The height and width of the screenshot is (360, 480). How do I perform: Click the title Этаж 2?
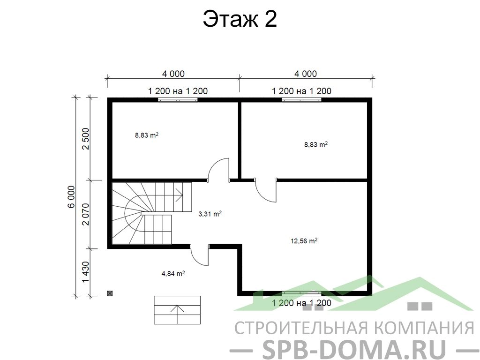click(x=240, y=19)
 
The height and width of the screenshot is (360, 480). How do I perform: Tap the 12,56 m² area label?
click(x=304, y=241)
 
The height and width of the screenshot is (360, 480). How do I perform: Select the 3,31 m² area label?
click(x=210, y=214)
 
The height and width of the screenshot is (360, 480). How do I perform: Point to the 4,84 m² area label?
click(x=173, y=273)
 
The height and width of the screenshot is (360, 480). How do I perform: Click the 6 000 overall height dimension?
click(x=71, y=196)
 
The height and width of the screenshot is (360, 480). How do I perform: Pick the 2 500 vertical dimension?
click(x=86, y=139)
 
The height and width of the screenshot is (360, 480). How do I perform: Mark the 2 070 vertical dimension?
click(x=86, y=214)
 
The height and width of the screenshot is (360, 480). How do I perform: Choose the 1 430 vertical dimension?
click(x=86, y=272)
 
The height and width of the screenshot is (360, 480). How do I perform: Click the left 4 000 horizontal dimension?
click(x=173, y=74)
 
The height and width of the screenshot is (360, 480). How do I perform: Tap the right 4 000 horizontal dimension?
click(x=306, y=74)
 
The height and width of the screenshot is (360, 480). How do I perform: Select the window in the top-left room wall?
click(x=178, y=99)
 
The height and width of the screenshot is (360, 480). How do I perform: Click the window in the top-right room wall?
click(x=301, y=99)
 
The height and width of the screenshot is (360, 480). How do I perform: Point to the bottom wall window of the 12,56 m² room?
click(x=301, y=293)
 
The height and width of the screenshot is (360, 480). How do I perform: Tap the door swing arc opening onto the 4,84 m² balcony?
click(x=196, y=260)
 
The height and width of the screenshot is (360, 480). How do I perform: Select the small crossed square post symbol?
click(x=110, y=293)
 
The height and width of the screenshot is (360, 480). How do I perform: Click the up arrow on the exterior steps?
click(x=177, y=314)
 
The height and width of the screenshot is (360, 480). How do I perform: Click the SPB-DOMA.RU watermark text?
click(x=354, y=349)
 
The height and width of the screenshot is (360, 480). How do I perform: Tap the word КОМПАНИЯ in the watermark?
click(x=425, y=328)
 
